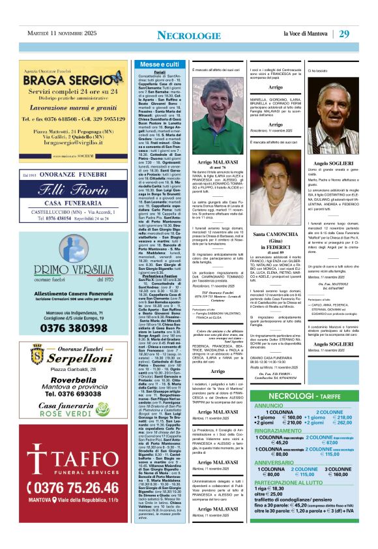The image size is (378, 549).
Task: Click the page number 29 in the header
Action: pos(362,34)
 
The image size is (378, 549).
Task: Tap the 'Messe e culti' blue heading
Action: pos(159,65)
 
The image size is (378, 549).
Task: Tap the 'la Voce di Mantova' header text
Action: pos(309,34)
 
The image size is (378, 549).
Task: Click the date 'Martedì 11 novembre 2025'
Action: pos(61,34)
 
